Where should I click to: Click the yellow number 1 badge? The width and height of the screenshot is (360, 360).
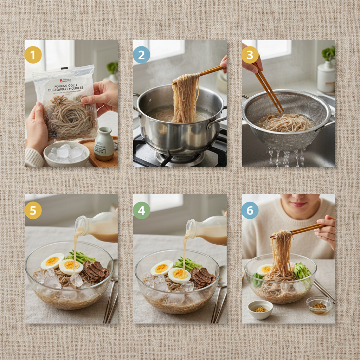point(33,55)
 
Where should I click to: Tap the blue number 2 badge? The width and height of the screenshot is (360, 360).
point(141,55)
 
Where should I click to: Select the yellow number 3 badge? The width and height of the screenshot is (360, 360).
point(250,55)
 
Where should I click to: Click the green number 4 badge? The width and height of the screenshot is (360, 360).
point(141,210)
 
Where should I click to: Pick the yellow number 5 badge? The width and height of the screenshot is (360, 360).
point(33,210)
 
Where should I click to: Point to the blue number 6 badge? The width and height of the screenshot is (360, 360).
point(250,210)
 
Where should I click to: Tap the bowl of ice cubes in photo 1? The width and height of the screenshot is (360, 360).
point(66,154)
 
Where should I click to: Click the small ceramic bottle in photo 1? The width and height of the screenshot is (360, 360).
point(104,144)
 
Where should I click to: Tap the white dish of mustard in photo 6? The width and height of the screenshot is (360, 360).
point(260,309)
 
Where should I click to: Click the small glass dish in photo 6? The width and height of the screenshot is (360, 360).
point(319,305)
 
